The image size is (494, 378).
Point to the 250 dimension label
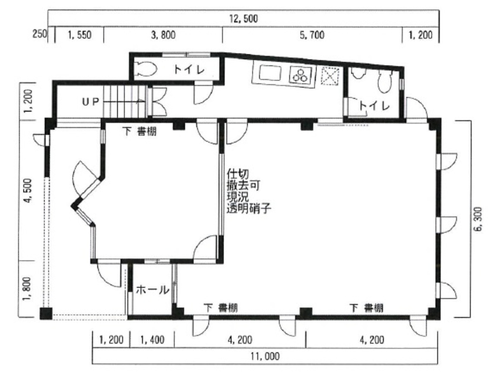[x=40, y=35]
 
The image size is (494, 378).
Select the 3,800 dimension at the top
[x=163, y=35]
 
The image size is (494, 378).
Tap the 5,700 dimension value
[x=312, y=35]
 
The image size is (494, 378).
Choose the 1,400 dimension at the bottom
[x=152, y=340]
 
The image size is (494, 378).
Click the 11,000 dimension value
[x=264, y=356]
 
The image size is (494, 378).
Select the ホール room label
[x=152, y=290]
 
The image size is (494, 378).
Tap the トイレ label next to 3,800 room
[x=189, y=70]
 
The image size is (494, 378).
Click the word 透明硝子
[x=248, y=209]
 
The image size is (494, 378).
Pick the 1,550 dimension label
[x=79, y=35]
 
